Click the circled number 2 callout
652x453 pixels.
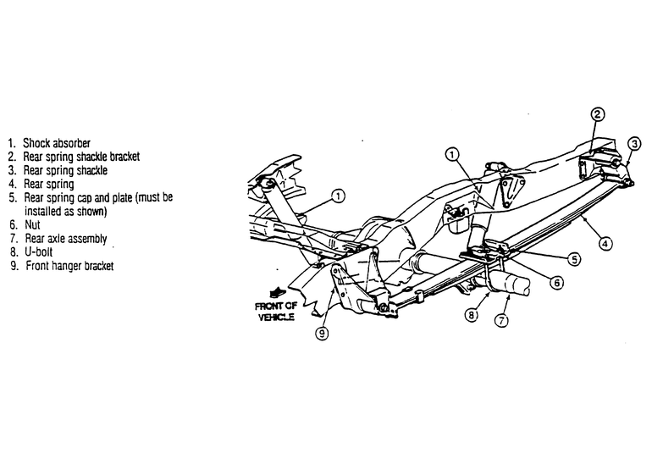tap(597, 114)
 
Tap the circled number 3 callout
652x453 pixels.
tap(634, 144)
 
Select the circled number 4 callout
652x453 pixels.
tap(605, 243)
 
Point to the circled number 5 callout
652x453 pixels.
tap(574, 259)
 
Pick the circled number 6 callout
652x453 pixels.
tap(557, 283)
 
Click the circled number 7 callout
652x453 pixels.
tap(501, 320)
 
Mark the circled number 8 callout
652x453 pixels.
tap(471, 315)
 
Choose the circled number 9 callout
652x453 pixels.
tap(323, 333)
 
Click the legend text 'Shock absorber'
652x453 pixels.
tap(57, 143)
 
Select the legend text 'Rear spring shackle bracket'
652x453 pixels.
tap(81, 157)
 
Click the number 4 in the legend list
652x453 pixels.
tap(13, 184)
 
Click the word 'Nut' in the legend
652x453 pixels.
tap(32, 225)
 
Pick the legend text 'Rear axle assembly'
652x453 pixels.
tap(66, 239)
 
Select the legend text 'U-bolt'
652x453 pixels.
tap(39, 252)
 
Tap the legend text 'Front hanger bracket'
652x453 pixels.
tap(69, 266)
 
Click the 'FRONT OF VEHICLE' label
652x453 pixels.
tap(276, 312)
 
